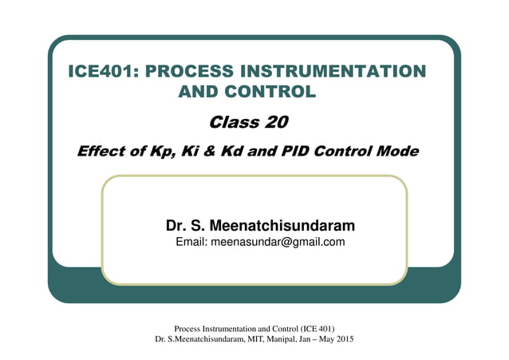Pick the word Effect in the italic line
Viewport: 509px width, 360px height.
coord(101,151)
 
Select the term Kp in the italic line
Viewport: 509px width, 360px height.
coord(160,151)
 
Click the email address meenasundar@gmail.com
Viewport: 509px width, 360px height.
coord(278,242)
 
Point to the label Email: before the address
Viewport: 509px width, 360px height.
coord(191,242)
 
